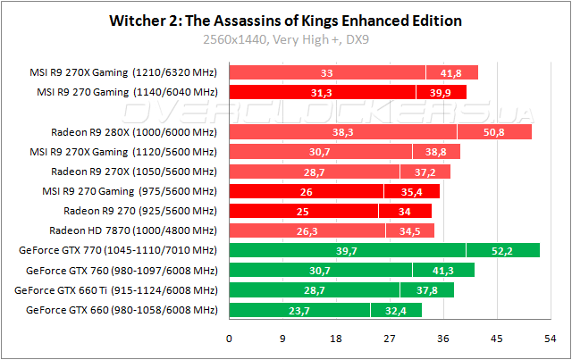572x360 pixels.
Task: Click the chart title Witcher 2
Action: pyautogui.click(x=285, y=21)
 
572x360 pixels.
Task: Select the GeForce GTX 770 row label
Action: pyautogui.click(x=122, y=250)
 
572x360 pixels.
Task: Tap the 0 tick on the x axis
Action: pyautogui.click(x=230, y=339)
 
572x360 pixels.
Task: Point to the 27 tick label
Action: pyautogui.click(x=390, y=339)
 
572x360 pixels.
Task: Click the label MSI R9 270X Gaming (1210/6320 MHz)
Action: pyautogui.click(x=123, y=72)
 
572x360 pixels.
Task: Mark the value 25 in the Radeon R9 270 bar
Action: pyautogui.click(x=304, y=211)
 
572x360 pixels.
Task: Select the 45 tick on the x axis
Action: pyautogui.click(x=496, y=339)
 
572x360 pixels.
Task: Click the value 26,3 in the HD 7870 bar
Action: pyautogui.click(x=307, y=231)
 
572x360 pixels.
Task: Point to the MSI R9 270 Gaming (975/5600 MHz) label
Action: pyautogui.click(x=130, y=191)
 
